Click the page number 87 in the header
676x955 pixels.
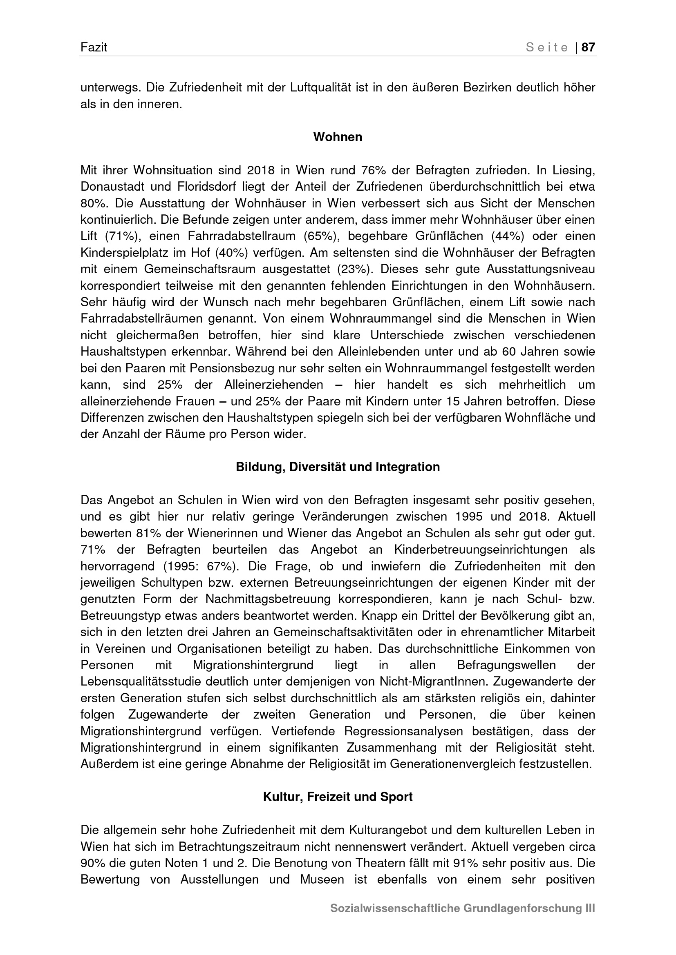point(588,47)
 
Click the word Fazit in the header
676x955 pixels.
point(94,47)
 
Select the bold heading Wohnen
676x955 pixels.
point(338,137)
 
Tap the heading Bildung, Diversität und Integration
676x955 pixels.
point(338,467)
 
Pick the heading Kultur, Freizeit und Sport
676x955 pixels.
point(338,797)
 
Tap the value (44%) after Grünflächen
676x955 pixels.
point(508,236)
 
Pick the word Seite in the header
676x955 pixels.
point(547,47)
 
